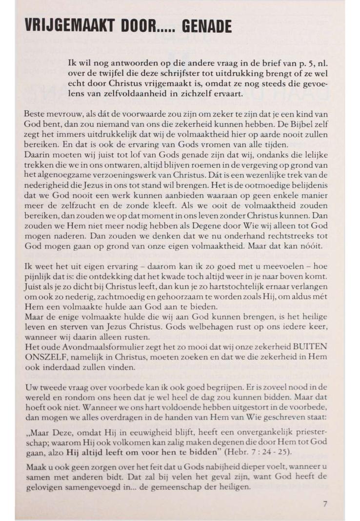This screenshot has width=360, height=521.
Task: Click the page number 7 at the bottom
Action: click(x=325, y=504)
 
